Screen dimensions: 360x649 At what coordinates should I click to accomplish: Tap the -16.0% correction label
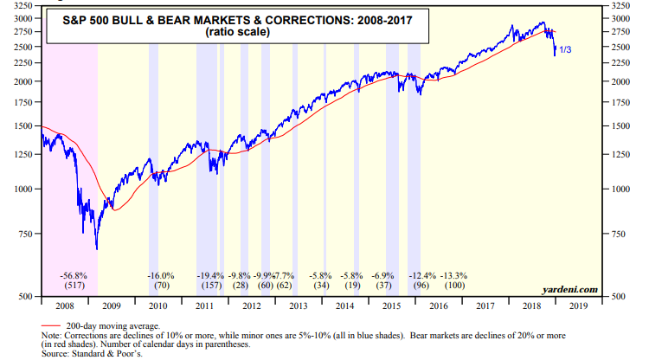click(x=160, y=275)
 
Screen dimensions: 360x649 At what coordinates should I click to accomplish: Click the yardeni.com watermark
click(x=571, y=289)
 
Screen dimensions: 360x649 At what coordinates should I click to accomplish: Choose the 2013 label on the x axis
click(x=297, y=305)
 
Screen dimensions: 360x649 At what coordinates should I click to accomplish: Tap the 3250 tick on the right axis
click(x=620, y=7)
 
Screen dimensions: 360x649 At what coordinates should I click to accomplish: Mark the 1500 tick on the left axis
click(x=26, y=125)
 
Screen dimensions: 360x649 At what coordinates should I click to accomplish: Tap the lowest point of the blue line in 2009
click(x=96, y=249)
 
